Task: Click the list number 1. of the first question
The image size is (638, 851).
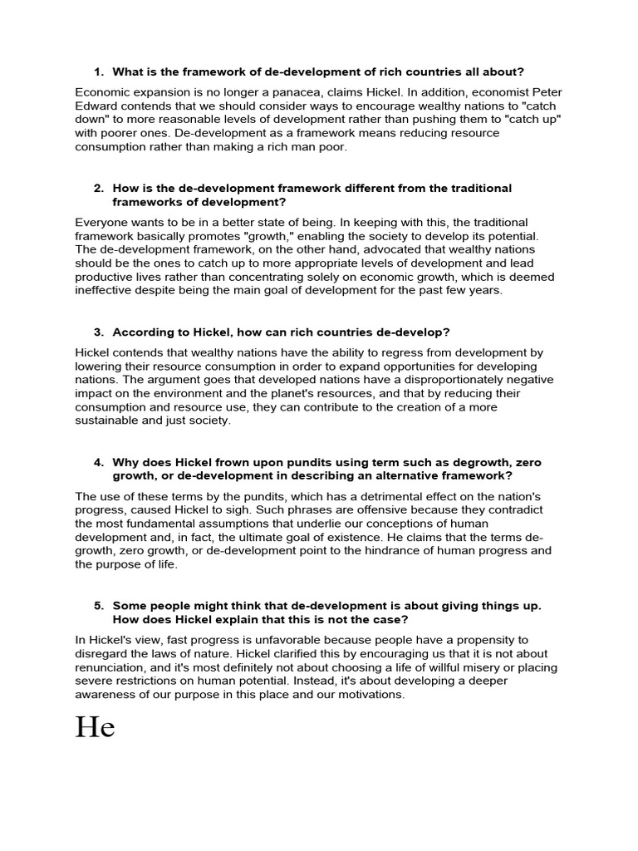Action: tap(99, 71)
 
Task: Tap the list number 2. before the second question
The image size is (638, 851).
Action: tap(99, 189)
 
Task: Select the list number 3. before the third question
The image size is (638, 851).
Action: tap(99, 332)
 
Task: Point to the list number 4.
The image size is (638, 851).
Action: tap(99, 462)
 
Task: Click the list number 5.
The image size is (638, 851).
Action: tap(99, 606)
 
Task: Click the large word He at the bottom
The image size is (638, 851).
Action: tap(95, 727)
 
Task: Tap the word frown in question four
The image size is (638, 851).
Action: tap(223, 462)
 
